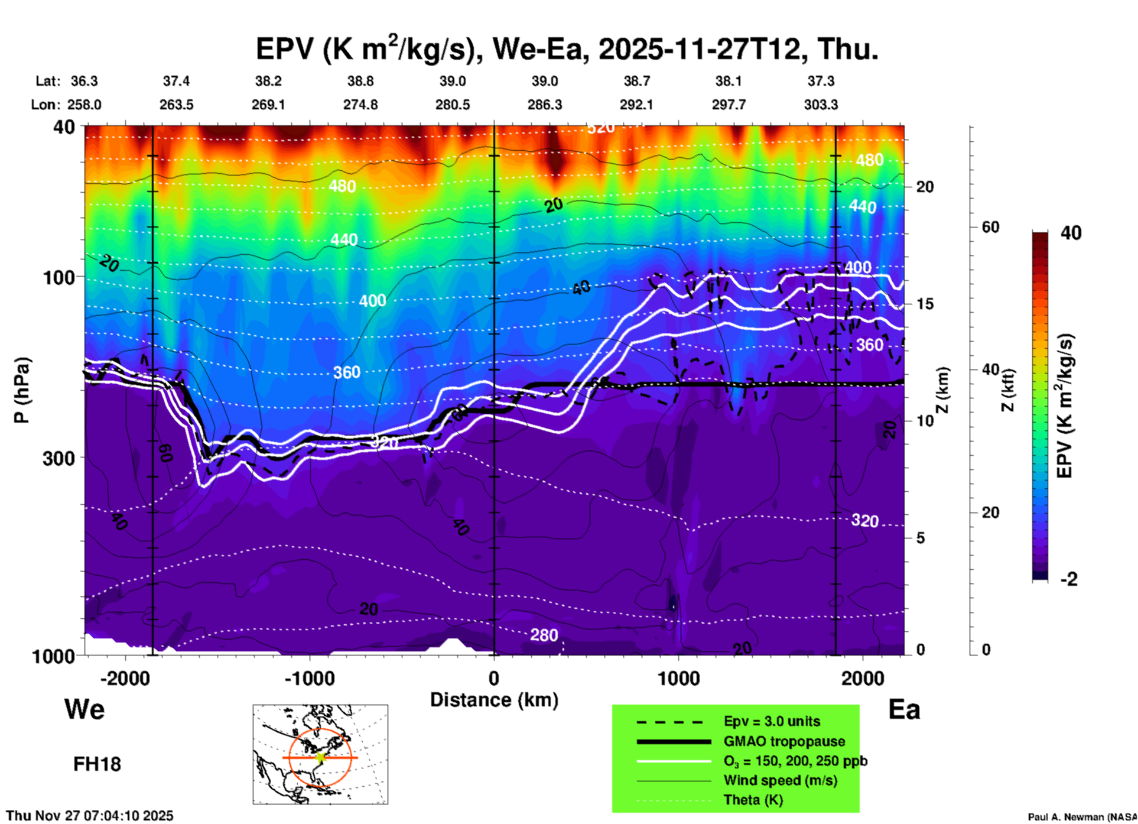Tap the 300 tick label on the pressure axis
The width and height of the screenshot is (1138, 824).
58,458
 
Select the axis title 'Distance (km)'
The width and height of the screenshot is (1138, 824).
494,700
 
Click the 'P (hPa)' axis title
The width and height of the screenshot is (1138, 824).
22,390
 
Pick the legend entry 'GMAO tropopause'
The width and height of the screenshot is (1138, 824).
784,741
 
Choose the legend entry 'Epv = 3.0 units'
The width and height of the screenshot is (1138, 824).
772,721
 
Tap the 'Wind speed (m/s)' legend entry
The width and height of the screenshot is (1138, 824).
780,780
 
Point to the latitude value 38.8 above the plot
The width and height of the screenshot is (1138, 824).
360,81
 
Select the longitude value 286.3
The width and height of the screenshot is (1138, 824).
545,105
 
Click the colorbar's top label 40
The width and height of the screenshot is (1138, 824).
1071,232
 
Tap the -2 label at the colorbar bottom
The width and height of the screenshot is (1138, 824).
1069,579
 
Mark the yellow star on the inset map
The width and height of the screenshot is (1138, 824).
320,757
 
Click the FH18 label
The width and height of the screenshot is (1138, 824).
97,764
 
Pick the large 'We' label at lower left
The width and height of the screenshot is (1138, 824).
84,709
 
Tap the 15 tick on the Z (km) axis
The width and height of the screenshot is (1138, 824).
925,304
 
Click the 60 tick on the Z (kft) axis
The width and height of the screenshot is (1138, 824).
990,227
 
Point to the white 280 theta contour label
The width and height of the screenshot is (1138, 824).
544,635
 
